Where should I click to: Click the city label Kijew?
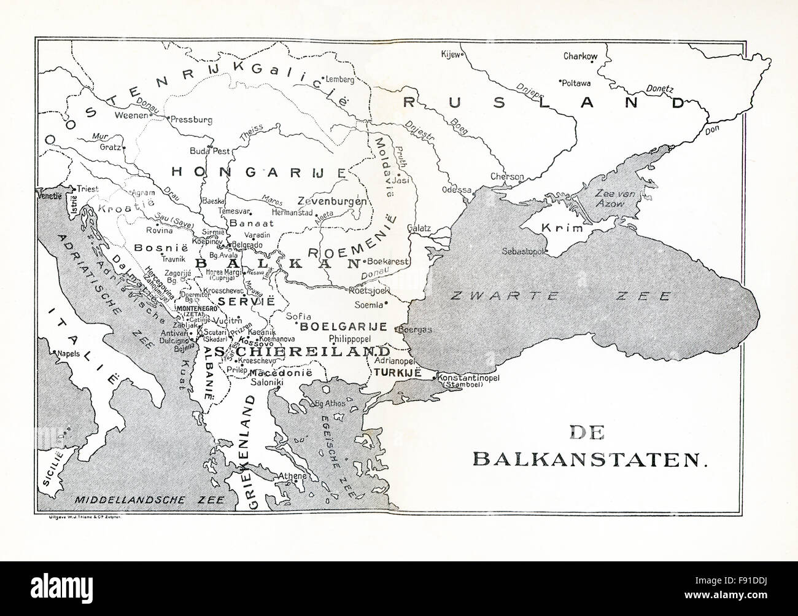(x=450, y=53)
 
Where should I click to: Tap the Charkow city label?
(x=580, y=57)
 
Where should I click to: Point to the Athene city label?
(x=292, y=476)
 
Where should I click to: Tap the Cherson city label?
(x=507, y=177)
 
